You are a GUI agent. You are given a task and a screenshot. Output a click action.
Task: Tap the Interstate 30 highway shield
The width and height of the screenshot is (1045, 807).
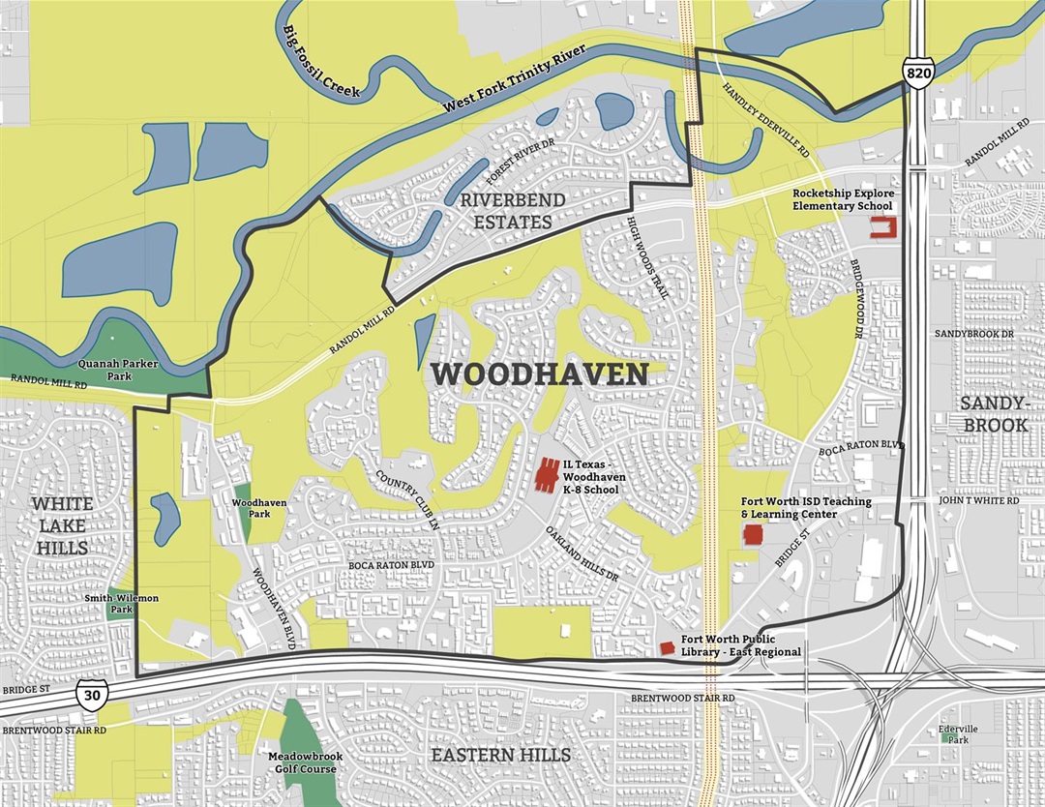click(91, 695)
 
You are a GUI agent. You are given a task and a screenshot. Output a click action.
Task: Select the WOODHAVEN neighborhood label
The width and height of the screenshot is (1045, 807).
click(538, 374)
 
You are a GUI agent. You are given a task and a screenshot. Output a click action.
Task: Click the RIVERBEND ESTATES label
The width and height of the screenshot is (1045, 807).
click(506, 212)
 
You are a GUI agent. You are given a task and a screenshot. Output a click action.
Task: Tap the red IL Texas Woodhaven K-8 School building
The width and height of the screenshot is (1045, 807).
click(547, 474)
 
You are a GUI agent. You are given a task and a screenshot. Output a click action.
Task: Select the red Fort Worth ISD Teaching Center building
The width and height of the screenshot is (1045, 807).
click(752, 536)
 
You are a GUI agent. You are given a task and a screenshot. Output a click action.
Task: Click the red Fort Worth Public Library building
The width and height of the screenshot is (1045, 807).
click(666, 646)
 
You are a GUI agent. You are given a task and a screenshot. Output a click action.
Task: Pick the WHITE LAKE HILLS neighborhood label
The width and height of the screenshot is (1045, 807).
click(62, 525)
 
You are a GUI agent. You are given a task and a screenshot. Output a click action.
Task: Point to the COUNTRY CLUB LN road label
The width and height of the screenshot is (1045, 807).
click(408, 495)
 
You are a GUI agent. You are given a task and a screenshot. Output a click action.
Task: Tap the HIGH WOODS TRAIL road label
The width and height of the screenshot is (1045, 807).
click(647, 262)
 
